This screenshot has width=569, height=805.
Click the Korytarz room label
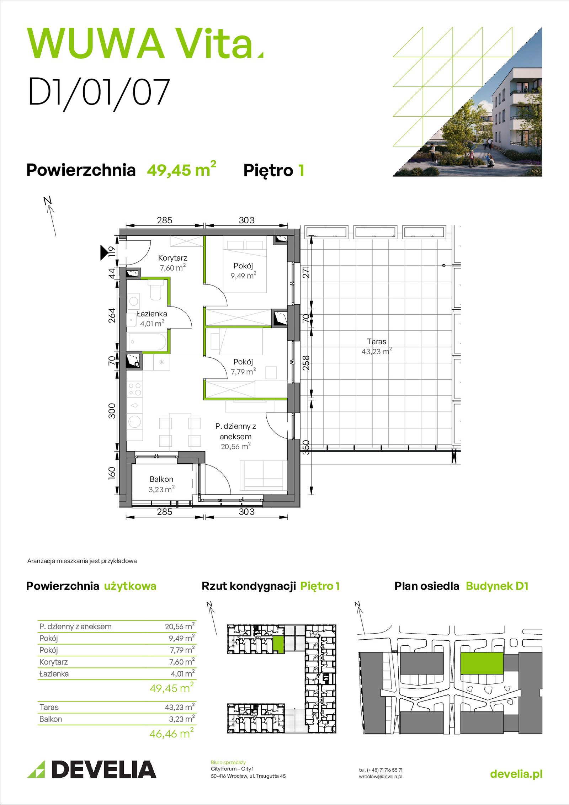coord(172,258)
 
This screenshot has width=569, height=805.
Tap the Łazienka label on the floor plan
coord(152,314)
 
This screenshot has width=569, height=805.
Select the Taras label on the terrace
coord(377,341)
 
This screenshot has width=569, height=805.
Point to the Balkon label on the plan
coord(161,479)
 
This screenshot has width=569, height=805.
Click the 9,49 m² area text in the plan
coord(243,275)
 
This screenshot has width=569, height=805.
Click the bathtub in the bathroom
coord(147,342)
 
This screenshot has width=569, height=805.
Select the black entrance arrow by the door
coord(104,252)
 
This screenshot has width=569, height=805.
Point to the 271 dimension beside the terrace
coord(306,272)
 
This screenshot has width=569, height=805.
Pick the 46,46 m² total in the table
coord(172,733)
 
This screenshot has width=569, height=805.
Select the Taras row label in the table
coord(49,707)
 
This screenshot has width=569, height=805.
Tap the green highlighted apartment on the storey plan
coord(278,645)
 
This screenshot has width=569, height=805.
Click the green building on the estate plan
coord(482,663)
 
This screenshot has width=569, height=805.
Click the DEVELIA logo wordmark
coord(104,769)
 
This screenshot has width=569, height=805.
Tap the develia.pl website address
coord(516,774)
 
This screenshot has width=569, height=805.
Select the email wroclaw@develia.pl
coord(381,777)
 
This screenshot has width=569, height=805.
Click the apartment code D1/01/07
coord(99,92)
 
